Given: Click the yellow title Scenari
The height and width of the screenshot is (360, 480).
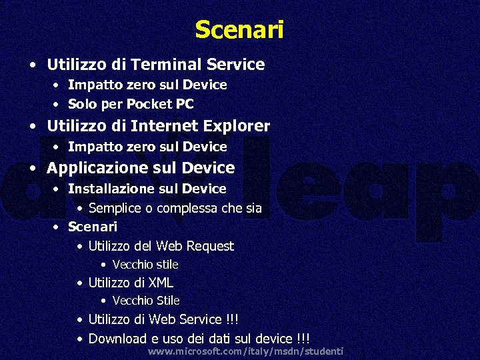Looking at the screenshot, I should coord(239,30).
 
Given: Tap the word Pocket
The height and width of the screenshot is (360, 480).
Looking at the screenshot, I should coord(149,104).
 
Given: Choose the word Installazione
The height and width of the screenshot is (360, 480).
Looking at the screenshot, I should coord(107,189).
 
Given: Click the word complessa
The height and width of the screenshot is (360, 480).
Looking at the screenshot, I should coord(187,208).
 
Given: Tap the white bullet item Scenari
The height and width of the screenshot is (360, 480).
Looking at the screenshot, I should coord(92,227).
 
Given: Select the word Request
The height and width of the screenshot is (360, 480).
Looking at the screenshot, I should coord(209,246).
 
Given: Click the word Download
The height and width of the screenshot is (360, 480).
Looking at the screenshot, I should coord(116,339).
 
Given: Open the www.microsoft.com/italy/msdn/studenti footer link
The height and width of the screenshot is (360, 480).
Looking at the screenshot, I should coord(245,351).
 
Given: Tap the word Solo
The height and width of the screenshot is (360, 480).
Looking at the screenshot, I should coord(81,104).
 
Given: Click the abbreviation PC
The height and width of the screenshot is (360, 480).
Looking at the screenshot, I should coord(184,104).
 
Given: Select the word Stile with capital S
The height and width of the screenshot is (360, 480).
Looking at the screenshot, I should coord(167,301).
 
